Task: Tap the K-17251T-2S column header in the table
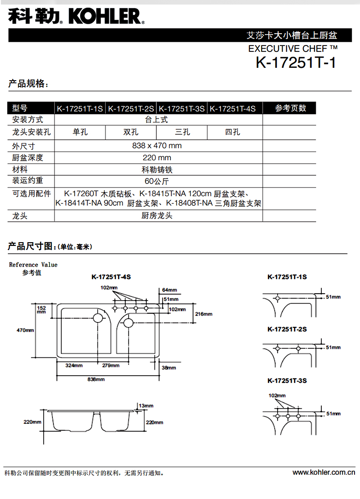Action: [x=131, y=108]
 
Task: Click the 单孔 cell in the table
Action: [x=80, y=132]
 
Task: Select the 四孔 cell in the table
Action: [x=232, y=132]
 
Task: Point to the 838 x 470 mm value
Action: [x=157, y=146]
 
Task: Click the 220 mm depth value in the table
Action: [x=157, y=158]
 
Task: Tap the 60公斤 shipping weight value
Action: [x=157, y=181]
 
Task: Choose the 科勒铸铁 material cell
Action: [x=157, y=170]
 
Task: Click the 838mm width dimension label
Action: [x=97, y=379]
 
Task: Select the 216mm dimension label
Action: [x=203, y=314]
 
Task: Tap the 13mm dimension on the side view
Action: [x=147, y=405]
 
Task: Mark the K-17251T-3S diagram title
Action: [x=287, y=381]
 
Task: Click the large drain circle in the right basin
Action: [x=128, y=323]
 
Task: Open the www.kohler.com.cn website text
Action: [x=324, y=473]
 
